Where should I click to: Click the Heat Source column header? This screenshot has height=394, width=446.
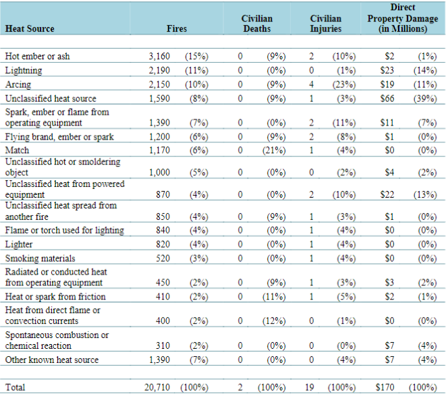point(30,28)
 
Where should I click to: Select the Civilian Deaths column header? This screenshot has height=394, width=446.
point(257,24)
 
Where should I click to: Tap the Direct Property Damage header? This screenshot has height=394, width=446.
point(403,18)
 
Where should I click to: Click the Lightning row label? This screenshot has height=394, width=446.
point(24,70)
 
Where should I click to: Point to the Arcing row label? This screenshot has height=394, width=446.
point(18,84)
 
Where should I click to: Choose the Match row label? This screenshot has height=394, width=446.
point(17,150)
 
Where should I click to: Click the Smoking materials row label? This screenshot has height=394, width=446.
point(40,258)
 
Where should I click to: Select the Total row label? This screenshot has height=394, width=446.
point(15,387)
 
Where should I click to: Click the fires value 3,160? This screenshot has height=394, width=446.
point(159,56)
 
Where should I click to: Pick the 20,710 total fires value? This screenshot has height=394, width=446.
point(157,387)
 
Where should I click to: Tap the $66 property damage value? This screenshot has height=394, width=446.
point(387,98)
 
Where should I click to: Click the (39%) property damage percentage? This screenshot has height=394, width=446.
point(425,98)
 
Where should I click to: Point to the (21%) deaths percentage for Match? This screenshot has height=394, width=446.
point(274,150)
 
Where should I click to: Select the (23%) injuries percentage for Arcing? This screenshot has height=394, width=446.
point(344,84)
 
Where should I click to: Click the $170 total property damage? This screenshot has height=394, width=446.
point(385,387)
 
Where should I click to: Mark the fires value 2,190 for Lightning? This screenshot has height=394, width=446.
point(159,70)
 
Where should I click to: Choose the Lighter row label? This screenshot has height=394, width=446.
point(19,244)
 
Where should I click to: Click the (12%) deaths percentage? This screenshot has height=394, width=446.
point(274,320)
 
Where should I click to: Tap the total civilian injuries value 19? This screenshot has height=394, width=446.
point(310,387)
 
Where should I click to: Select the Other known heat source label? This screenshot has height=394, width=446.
point(52,360)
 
